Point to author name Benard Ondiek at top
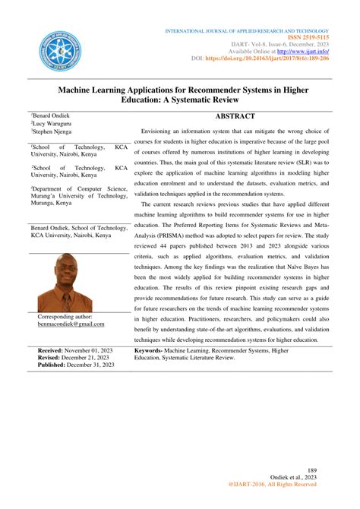[53, 115]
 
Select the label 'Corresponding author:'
[69, 316]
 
